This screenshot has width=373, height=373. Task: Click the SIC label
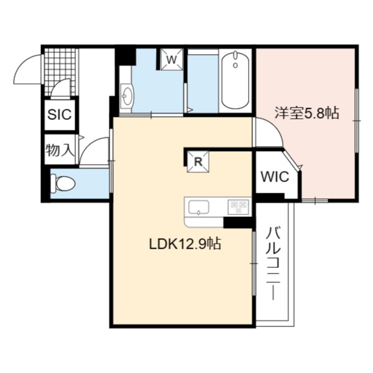click(x=60, y=114)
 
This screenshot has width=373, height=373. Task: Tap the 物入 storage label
click(x=60, y=150)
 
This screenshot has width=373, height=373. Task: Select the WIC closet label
click(x=275, y=177)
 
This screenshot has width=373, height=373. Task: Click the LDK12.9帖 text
click(x=185, y=244)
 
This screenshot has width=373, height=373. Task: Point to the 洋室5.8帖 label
click(x=307, y=113)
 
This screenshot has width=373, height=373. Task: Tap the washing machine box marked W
click(x=172, y=60)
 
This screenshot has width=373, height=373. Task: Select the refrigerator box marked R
click(x=198, y=162)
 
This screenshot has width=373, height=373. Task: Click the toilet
click(x=63, y=183)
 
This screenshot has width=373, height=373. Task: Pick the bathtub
click(x=235, y=80)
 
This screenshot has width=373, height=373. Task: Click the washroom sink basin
click(x=127, y=96)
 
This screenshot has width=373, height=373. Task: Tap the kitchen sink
click(x=199, y=207)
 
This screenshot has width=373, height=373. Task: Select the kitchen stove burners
click(x=238, y=206)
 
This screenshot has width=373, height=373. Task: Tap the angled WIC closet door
click(x=292, y=159)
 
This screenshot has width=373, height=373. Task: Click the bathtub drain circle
click(x=236, y=65)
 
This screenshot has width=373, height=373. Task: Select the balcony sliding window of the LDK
click(x=254, y=264)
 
